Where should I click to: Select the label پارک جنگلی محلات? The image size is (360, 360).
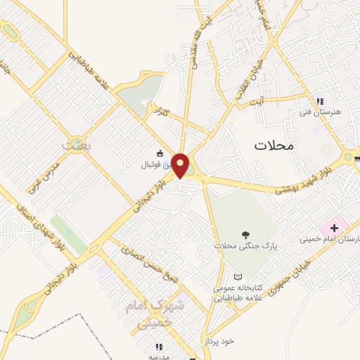246,247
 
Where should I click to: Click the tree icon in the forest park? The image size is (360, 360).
245,236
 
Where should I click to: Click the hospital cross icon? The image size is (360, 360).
334,229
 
